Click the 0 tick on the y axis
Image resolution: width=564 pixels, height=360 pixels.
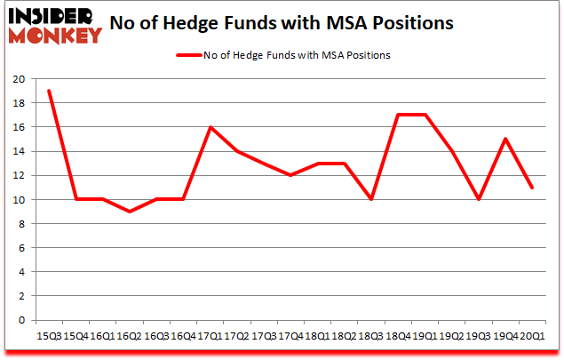point(22,320)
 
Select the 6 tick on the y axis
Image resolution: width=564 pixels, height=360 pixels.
point(22,248)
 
